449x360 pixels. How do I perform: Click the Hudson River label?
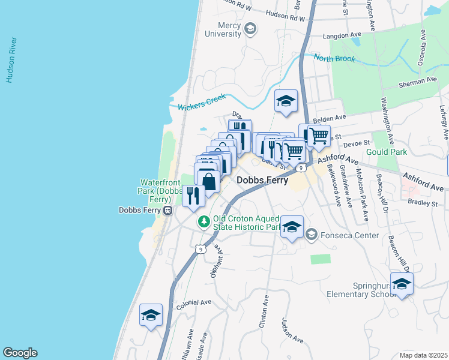point(10,60)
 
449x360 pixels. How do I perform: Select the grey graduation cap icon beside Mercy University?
point(250,29)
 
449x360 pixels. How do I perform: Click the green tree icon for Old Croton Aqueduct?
point(204,222)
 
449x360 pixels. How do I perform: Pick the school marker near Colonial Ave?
point(151,315)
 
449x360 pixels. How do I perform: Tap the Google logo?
point(20,353)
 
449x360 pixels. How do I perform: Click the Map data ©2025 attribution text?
point(423,355)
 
